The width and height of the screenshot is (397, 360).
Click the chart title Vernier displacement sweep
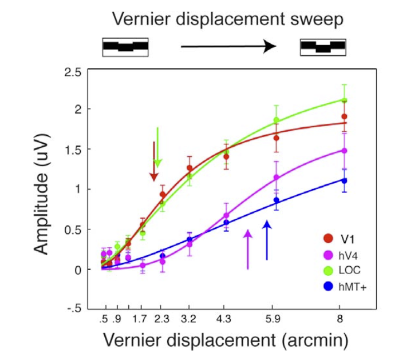[x=227, y=20]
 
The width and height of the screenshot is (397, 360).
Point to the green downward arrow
[x=158, y=147]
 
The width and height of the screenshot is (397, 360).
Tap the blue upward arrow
[x=267, y=240]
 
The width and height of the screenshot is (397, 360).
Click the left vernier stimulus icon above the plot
[x=125, y=47]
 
